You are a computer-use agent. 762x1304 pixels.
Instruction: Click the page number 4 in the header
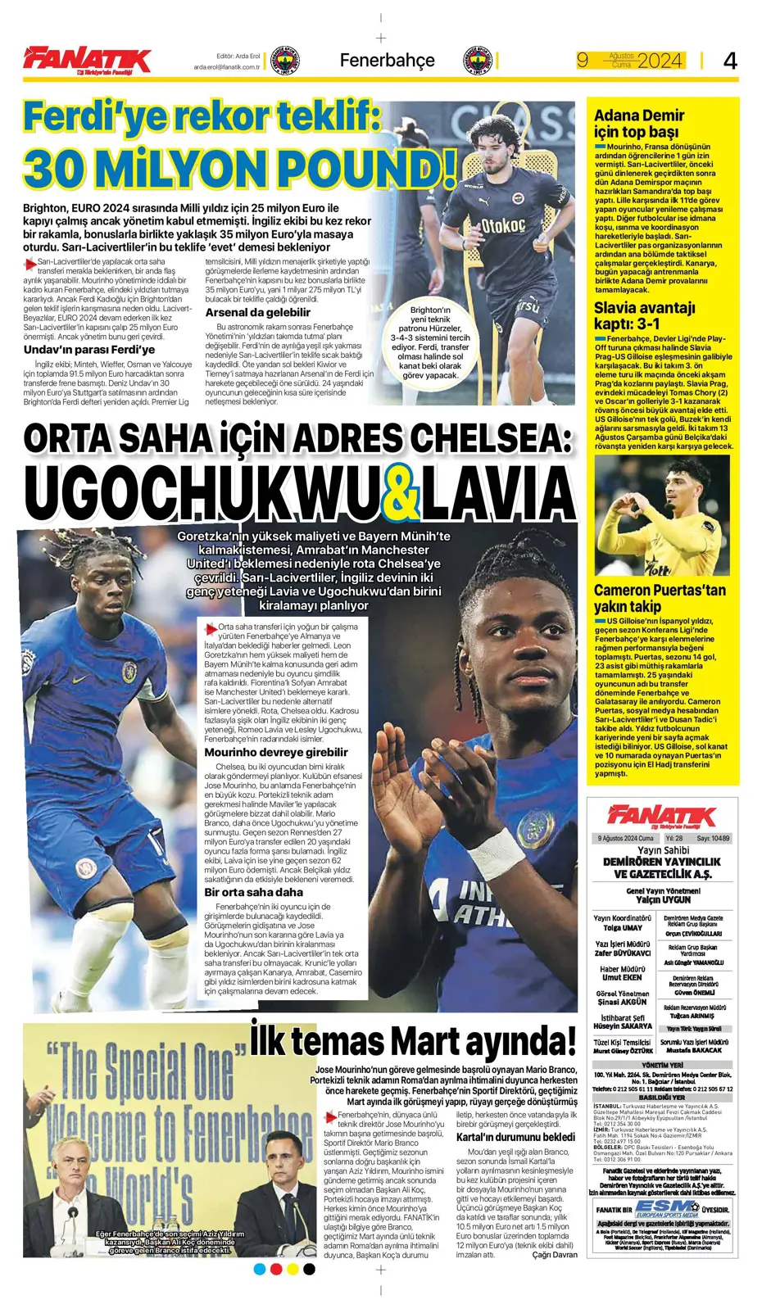pos(730,60)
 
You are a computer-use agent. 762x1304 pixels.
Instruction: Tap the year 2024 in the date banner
pos(660,61)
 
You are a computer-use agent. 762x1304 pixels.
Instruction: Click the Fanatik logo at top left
pos(87,60)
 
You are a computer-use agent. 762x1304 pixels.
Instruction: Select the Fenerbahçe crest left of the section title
pos(284,61)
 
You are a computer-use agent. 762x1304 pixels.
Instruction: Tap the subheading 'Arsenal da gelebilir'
pos(257,312)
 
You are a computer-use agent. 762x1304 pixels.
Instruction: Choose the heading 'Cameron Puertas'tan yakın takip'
pos(660,598)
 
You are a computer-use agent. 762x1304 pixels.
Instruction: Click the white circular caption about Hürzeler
pos(430,342)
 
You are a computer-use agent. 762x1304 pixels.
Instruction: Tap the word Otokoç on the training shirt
pos(502,225)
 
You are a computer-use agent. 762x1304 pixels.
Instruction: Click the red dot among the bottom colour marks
pos(276,1269)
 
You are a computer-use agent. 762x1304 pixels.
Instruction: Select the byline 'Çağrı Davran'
pos(554,1255)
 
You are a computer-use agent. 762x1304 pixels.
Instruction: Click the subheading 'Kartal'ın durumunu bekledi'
pos(515,1137)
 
